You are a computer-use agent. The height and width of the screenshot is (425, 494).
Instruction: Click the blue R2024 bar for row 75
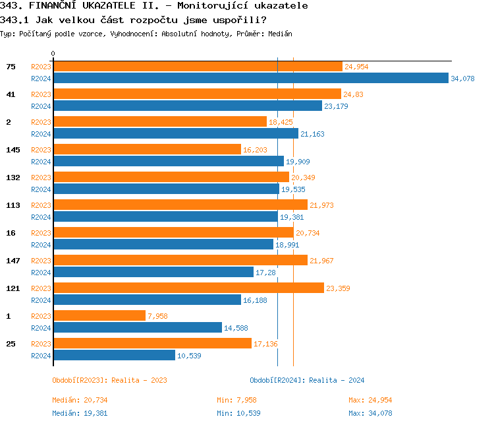[x=250, y=79]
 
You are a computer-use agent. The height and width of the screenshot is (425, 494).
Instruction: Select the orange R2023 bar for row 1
[x=99, y=316]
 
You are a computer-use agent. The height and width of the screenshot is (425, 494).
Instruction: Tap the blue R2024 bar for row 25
[x=114, y=356]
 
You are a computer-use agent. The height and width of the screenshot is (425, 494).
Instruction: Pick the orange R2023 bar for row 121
[x=188, y=288]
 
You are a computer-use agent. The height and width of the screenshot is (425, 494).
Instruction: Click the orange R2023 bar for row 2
[x=159, y=122]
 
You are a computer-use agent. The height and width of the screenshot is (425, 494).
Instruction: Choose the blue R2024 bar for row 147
[x=153, y=273]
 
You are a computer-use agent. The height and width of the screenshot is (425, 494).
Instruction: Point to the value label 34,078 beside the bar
[x=462, y=79]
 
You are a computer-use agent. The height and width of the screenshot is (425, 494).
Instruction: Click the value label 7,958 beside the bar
[x=157, y=316]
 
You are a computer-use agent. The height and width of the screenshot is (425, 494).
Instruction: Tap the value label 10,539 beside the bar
[x=188, y=356]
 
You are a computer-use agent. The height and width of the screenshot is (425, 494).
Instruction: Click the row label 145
[x=13, y=150]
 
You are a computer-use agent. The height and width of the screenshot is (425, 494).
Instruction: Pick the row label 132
[x=13, y=178]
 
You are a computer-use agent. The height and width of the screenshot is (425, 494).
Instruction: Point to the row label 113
[x=13, y=205]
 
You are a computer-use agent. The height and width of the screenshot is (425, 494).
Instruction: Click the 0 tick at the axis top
[x=53, y=53]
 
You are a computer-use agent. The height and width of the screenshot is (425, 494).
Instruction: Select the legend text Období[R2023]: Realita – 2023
[x=109, y=380]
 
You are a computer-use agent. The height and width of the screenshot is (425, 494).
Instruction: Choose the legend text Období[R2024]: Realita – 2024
[x=307, y=380]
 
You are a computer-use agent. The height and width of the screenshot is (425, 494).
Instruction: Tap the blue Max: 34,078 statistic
[x=370, y=413]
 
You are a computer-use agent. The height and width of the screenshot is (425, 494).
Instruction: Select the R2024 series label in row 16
[x=41, y=245]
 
